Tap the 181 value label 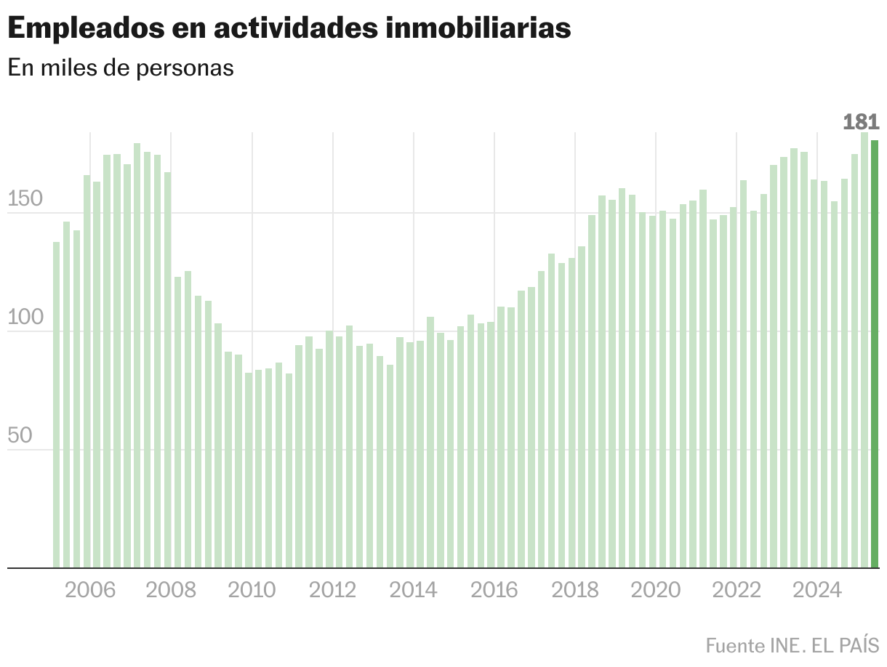click(861, 122)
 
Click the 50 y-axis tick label click(21, 436)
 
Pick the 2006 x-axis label click(90, 589)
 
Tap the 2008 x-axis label click(171, 589)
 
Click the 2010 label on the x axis click(252, 589)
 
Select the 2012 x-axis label click(332, 589)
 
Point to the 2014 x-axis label click(413, 589)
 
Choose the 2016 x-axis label click(494, 589)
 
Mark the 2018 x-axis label click(575, 589)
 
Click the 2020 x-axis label click(656, 589)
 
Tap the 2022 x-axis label click(737, 589)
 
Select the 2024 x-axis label click(817, 589)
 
